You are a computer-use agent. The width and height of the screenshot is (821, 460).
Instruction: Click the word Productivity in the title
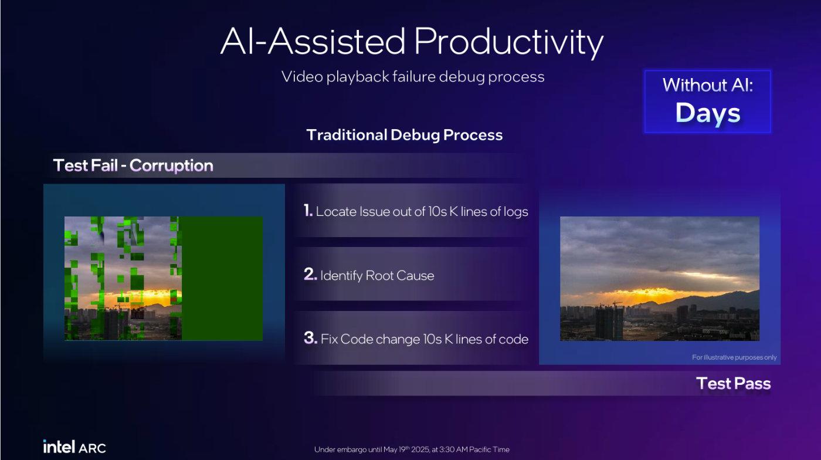509,42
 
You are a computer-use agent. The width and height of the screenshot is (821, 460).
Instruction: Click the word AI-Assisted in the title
313,41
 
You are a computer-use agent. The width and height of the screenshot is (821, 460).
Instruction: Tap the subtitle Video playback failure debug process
413,77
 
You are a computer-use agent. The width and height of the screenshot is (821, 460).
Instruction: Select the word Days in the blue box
708,113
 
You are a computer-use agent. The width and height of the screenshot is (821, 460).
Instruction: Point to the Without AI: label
708,84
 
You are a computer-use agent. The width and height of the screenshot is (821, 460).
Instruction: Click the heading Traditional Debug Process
404,134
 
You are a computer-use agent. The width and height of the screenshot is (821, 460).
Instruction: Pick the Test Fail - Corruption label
133,165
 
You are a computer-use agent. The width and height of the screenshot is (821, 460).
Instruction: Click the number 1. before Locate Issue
308,211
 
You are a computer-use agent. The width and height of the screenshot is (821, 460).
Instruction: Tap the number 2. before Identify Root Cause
310,274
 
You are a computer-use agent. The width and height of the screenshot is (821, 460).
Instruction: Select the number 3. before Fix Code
310,338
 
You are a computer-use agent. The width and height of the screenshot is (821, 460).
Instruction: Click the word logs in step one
516,212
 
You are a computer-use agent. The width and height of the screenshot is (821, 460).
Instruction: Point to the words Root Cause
400,276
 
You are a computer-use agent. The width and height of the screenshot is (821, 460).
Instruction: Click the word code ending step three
514,339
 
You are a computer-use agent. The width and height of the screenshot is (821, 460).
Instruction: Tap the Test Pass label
734,383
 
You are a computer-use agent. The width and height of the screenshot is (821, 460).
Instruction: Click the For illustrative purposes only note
734,357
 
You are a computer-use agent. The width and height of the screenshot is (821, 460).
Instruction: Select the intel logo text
59,447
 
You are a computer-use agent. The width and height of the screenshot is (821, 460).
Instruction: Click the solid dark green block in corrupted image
222,279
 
